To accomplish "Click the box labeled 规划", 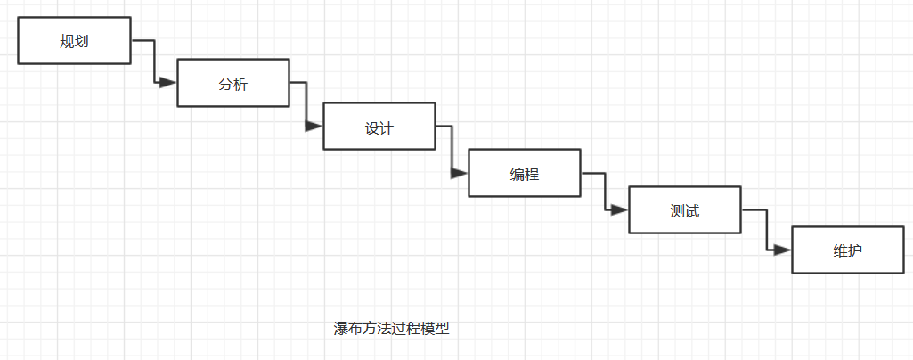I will tap(74, 40).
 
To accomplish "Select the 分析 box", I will tap(233, 83).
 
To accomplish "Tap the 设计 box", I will tap(379, 127).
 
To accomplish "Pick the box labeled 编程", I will tap(525, 173).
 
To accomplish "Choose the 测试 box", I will tap(685, 210).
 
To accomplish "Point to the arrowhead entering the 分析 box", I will tap(168, 83).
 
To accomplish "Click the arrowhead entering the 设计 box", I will tap(314, 127).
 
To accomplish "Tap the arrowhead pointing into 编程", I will tap(460, 173).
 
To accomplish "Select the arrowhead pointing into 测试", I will tap(620, 210).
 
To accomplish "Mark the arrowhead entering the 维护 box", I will tap(782, 250).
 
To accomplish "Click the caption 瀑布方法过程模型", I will tap(392, 329).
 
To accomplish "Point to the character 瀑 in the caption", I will tap(341, 329).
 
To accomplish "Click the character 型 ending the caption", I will tap(443, 329).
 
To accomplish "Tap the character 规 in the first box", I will tap(67, 40).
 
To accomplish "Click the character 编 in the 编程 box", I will tap(518, 173).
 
